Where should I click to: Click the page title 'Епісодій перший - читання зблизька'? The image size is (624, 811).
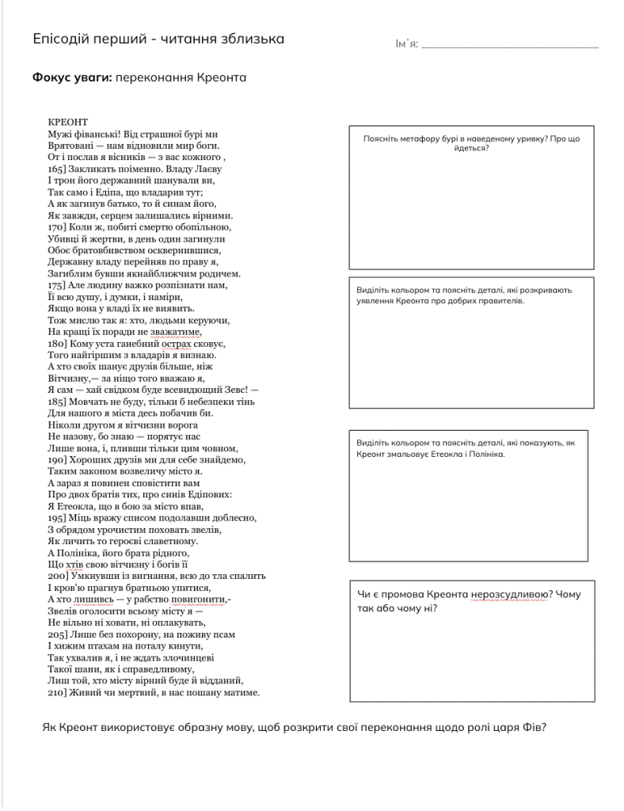(158, 40)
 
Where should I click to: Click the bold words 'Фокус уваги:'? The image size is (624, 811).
(72, 78)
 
